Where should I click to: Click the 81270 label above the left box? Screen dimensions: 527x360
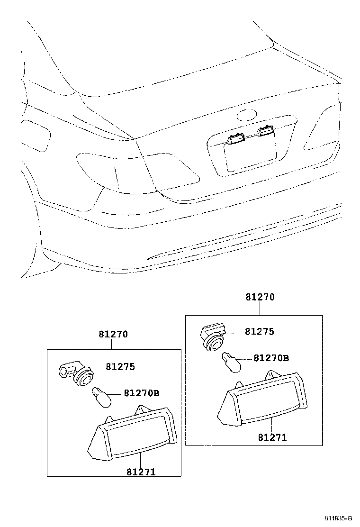113,334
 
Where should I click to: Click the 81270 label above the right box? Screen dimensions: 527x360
260,298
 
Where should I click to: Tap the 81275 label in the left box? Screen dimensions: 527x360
120,366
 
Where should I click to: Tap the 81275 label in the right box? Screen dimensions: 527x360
259,332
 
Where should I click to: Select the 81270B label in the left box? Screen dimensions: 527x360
142,393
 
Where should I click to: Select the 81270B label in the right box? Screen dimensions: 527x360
271,358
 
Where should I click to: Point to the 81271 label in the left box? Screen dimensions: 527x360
141,472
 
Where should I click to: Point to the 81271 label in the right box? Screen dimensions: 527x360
272,437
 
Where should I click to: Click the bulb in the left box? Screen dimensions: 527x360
101,397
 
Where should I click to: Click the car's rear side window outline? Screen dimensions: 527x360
36,136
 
